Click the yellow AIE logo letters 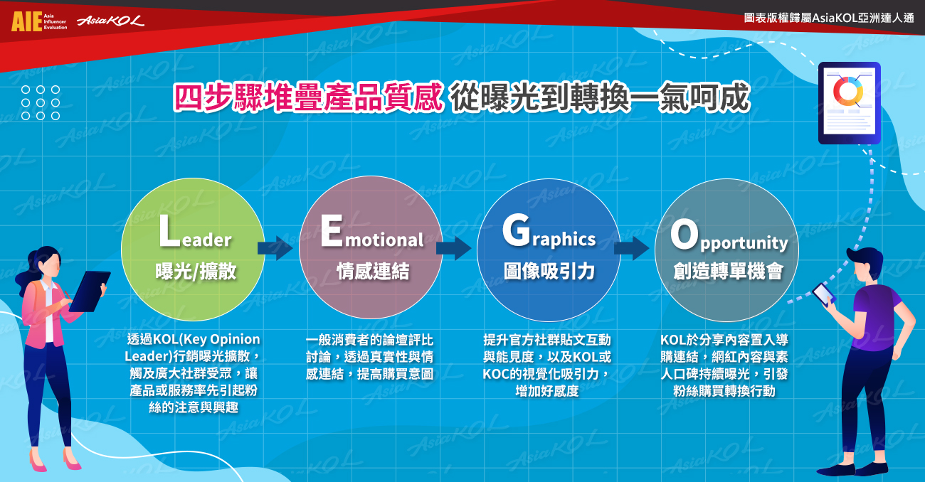point(27,21)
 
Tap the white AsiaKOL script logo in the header point(110,21)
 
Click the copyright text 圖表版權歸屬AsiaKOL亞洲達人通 point(829,18)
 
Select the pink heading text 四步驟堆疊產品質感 point(308,97)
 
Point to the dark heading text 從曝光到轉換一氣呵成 point(600,97)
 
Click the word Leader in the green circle point(196,232)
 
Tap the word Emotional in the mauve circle point(372,232)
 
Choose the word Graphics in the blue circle point(549,232)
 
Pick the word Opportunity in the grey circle point(729,235)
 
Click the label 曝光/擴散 point(196,271)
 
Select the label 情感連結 point(373,271)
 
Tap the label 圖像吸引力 point(549,271)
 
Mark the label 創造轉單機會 point(729,271)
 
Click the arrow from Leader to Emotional point(275,248)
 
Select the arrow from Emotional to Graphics point(453,248)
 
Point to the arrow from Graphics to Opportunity point(631,248)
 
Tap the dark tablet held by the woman point(90,291)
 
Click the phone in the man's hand point(824,294)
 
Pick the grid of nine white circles point(41,103)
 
